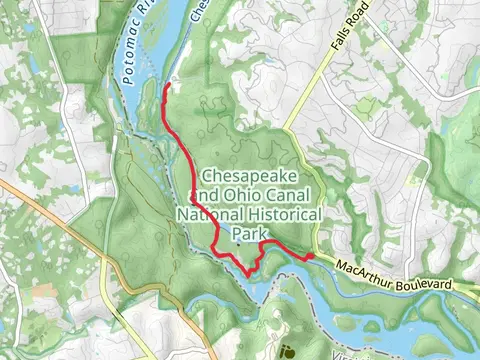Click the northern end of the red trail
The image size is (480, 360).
tap(165, 86)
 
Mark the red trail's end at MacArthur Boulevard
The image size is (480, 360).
tap(310, 256)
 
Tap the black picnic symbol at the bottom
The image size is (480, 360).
tap(288, 350)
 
